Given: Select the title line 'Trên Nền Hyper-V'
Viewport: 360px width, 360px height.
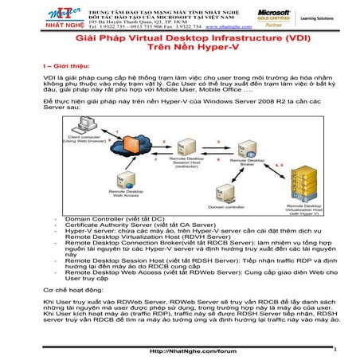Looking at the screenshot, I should tap(180, 48).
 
